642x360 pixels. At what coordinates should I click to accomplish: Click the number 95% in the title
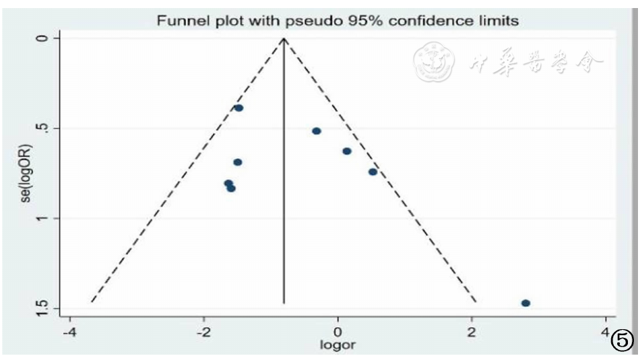pos(365,21)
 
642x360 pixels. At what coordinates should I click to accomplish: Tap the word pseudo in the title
pos(314,21)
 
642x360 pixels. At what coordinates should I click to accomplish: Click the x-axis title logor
pos(338,345)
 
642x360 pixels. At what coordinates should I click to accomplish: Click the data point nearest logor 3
pos(525,303)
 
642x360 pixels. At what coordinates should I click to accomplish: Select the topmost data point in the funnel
pos(239,108)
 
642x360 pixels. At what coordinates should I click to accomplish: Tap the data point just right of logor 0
pos(346,152)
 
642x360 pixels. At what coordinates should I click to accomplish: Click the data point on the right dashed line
pos(373,172)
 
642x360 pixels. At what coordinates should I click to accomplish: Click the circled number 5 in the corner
pos(621,341)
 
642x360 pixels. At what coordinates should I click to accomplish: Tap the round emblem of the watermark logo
pos(435,62)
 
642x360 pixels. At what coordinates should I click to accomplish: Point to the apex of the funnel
pos(284,38)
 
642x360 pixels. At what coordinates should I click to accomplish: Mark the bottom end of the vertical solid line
pos(284,304)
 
